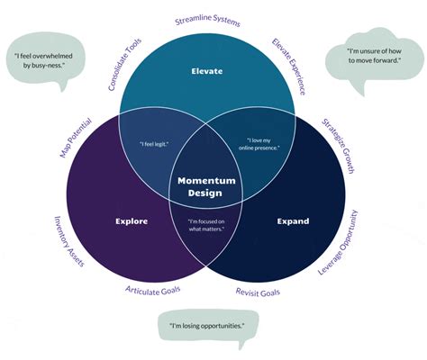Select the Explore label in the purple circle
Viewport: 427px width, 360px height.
(x=132, y=220)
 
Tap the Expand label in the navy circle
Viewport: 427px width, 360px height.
(x=293, y=220)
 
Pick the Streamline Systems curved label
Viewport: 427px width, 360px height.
(x=206, y=20)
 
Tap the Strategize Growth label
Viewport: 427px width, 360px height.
(x=340, y=143)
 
